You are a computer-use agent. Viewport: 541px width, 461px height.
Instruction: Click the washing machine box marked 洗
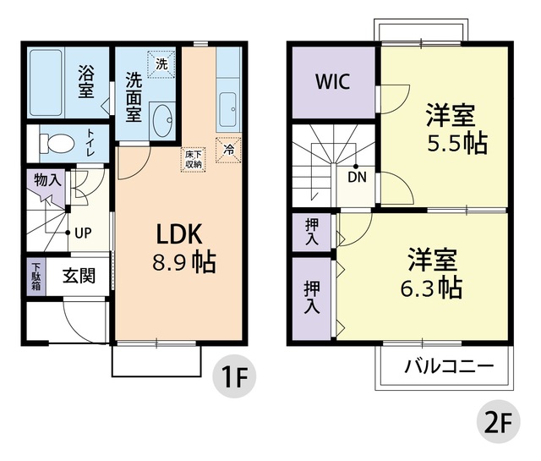tap(160, 62)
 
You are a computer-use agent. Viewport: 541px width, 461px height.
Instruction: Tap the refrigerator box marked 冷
tap(227, 148)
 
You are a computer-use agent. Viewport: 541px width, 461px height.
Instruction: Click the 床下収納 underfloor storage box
tap(193, 160)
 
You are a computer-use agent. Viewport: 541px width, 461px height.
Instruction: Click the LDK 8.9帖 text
tap(183, 248)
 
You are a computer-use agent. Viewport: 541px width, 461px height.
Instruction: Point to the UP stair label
tap(82, 233)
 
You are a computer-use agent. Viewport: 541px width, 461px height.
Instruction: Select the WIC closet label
tap(333, 82)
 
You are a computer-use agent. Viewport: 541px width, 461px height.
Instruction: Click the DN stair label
tap(357, 178)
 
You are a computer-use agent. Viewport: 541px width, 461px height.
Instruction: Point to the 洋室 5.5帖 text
tap(449, 129)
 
